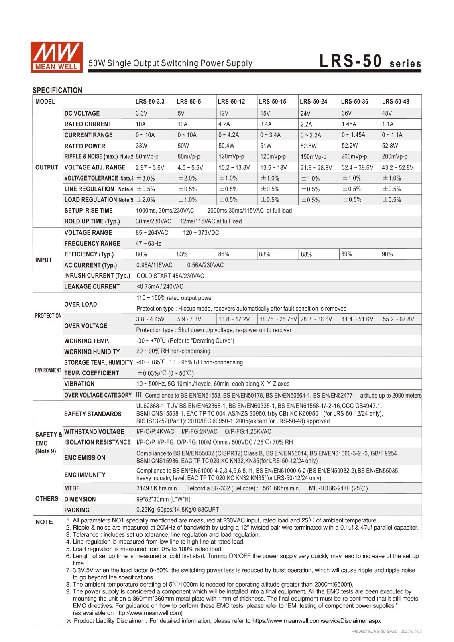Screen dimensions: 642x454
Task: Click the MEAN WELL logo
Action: (57, 57)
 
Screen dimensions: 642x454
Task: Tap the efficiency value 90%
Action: (387, 254)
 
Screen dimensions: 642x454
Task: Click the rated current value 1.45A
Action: (348, 124)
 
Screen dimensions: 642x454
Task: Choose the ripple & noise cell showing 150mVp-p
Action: (313, 157)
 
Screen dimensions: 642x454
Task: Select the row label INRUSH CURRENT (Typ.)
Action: (97, 276)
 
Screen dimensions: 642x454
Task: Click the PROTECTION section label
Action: (48, 316)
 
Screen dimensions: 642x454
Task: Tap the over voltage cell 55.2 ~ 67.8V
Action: (398, 319)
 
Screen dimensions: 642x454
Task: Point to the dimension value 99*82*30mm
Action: (163, 499)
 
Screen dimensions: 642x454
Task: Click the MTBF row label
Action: (72, 488)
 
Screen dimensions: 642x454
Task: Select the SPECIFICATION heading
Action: (57, 90)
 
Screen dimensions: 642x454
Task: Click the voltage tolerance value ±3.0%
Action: (146, 178)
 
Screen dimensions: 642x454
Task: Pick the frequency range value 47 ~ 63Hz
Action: (149, 243)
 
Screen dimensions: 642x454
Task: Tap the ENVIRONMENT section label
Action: (48, 370)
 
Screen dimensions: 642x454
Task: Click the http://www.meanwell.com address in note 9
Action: (148, 613)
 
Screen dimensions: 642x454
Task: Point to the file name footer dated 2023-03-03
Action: (386, 631)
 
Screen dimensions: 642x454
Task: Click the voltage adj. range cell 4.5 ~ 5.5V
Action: (190, 167)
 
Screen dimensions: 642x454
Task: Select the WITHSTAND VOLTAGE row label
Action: (94, 432)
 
